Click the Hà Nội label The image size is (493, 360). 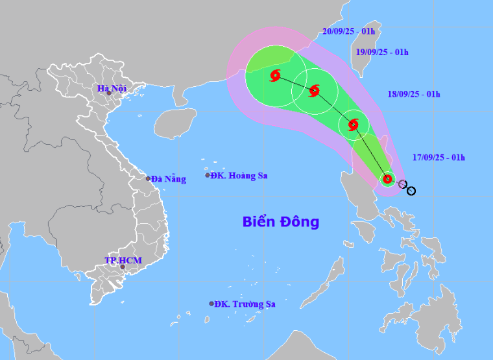point(112,88)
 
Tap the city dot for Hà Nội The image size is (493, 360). point(109,93)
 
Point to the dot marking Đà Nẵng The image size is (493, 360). point(148,178)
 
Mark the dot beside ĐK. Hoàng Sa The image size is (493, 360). point(208,175)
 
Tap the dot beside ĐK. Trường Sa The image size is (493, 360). point(211,304)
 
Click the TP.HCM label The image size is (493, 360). point(123,260)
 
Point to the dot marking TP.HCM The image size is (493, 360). point(123,267)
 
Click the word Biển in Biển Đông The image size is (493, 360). point(259,222)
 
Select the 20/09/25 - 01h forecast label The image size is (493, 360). point(348,30)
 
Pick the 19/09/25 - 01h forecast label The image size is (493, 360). point(383,53)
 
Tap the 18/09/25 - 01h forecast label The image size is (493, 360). point(414,94)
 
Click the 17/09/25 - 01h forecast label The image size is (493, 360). point(439,157)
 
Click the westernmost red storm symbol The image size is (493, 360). point(274,75)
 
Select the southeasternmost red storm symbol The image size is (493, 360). point(387,179)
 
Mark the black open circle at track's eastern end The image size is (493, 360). point(411,191)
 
